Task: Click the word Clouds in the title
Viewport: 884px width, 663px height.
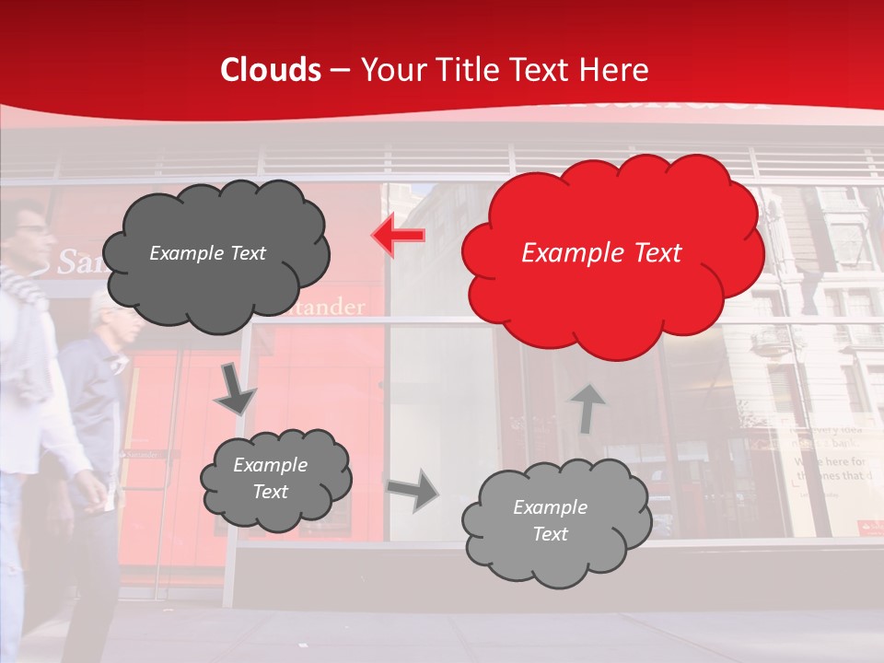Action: click(271, 70)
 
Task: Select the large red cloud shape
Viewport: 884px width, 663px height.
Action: click(611, 253)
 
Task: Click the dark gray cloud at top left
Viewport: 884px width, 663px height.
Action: click(215, 253)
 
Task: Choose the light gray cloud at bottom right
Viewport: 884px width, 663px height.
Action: click(556, 521)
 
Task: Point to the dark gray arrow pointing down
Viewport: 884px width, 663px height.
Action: click(234, 389)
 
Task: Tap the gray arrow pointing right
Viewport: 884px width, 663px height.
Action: click(413, 490)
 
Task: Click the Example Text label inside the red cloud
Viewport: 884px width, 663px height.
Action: click(601, 253)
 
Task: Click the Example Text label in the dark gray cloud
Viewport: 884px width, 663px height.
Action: click(207, 253)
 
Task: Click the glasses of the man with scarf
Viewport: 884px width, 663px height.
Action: click(30, 229)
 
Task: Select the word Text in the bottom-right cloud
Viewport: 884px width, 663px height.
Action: click(550, 534)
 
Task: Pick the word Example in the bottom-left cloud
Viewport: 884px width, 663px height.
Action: click(270, 465)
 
